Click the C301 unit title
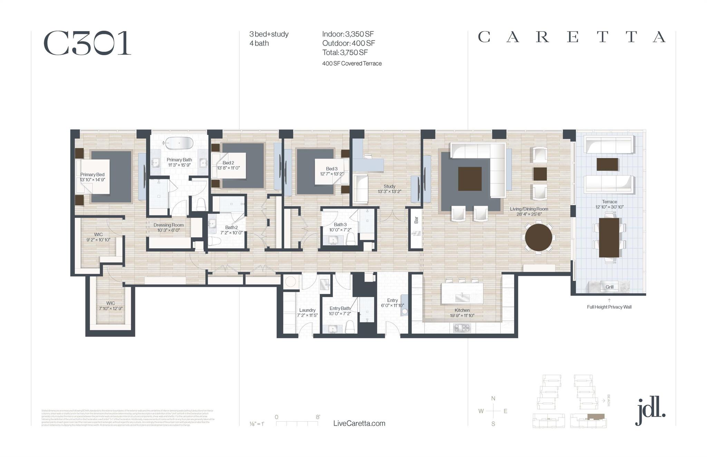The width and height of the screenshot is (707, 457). tap(87, 43)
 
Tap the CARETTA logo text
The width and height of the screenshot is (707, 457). tap(571, 37)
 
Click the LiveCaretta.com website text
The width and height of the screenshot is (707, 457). tap(359, 424)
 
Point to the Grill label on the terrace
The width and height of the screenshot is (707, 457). tap(609, 287)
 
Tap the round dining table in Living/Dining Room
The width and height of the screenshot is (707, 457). tap(538, 238)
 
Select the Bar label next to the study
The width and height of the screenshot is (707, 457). tap(416, 220)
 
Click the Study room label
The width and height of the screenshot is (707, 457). tap(389, 186)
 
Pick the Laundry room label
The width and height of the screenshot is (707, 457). tap(307, 310)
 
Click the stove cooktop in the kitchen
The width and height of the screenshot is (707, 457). tap(462, 328)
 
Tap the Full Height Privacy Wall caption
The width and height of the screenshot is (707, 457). tap(609, 307)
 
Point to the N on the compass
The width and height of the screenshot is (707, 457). tap(493, 399)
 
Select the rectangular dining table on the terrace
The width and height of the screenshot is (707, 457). tap(609, 238)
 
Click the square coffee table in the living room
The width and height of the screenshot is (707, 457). tap(469, 179)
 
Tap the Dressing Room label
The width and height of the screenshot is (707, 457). tap(168, 225)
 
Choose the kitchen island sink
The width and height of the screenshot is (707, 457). tap(462, 295)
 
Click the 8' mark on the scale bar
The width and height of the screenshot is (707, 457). tap(318, 417)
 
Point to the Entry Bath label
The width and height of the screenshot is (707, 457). tap(340, 308)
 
